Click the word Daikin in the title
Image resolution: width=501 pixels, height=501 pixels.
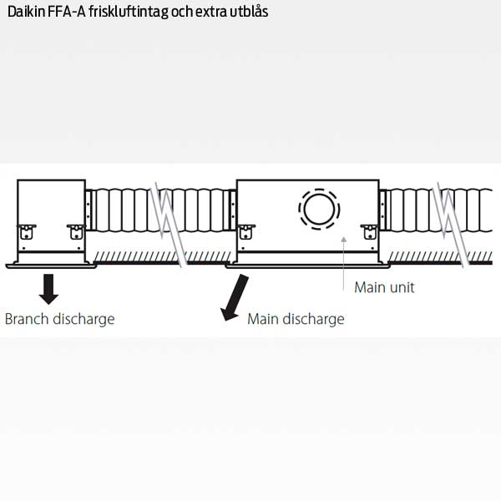click(26, 12)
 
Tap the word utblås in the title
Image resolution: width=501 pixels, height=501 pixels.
click(249, 11)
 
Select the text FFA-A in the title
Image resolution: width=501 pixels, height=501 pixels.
click(67, 12)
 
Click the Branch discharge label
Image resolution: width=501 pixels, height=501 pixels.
click(60, 319)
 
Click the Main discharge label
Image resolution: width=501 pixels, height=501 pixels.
click(296, 319)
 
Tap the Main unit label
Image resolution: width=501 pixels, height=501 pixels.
click(384, 287)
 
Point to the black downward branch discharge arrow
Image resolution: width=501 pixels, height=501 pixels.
click(48, 289)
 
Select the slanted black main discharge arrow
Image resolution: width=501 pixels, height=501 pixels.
click(235, 297)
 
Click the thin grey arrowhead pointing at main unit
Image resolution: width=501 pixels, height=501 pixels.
click(343, 239)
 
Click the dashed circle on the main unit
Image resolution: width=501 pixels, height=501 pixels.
click(319, 209)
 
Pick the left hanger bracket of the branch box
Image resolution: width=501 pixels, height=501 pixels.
click(27, 232)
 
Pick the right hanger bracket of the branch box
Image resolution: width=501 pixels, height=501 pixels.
click(76, 232)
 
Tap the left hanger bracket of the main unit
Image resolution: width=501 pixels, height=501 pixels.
click(245, 232)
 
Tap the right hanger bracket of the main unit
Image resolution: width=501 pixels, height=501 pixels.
click(370, 232)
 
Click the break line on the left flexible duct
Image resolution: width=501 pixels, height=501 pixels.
click(169, 225)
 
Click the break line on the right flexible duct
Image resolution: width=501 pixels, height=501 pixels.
click(451, 225)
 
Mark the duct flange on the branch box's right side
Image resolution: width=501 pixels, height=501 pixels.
click(89, 210)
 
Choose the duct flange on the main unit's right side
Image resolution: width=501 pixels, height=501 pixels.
click(382, 210)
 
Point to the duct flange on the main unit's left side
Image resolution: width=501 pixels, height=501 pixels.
click(233, 210)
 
